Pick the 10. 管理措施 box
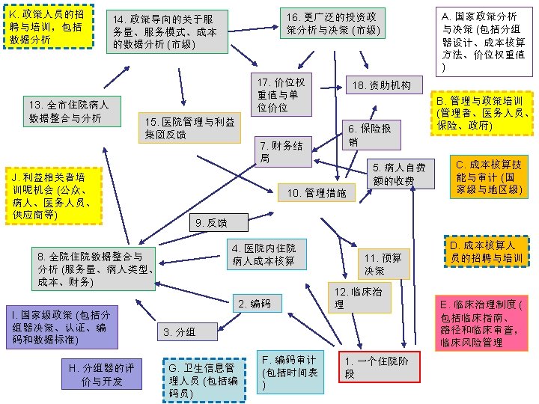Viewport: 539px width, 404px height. (317, 193)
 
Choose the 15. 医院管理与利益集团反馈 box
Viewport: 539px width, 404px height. (191, 128)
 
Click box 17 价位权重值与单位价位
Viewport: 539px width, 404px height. (281, 94)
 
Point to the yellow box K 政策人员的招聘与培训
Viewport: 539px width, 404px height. (47, 26)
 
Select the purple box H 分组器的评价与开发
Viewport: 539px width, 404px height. (101, 375)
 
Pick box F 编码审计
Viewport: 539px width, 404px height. (289, 371)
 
